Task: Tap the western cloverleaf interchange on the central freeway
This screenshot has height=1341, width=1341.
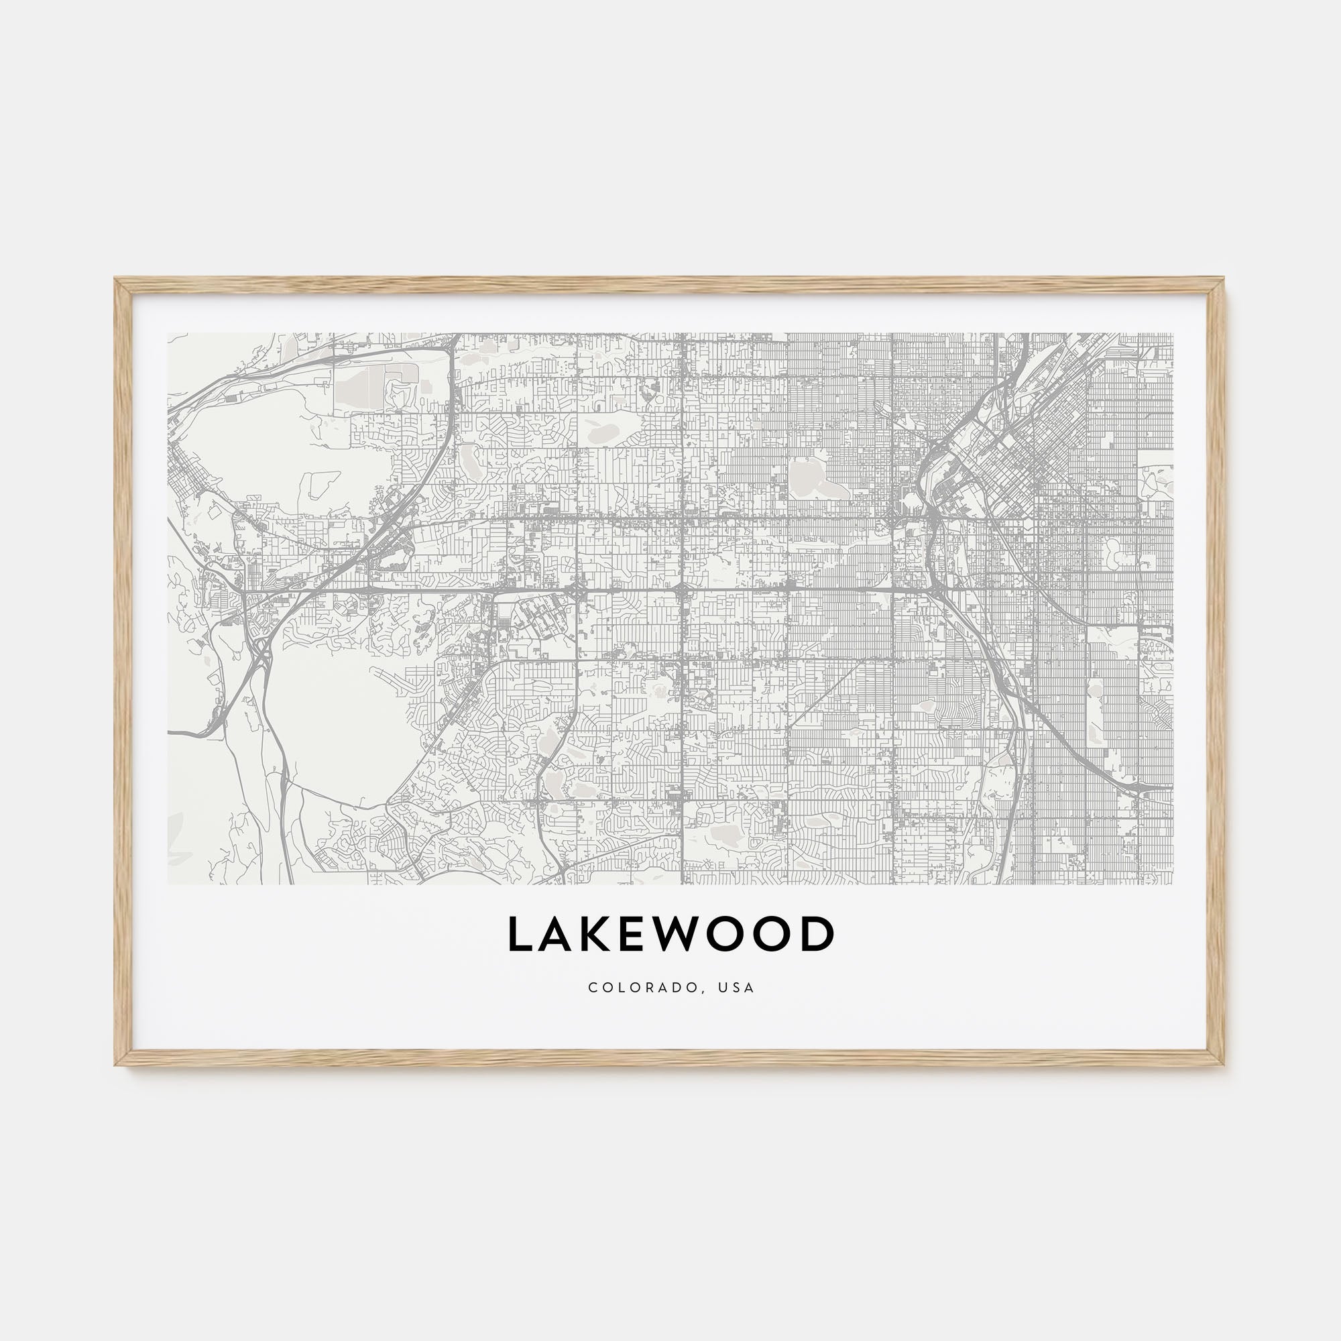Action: pyautogui.click(x=577, y=591)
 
